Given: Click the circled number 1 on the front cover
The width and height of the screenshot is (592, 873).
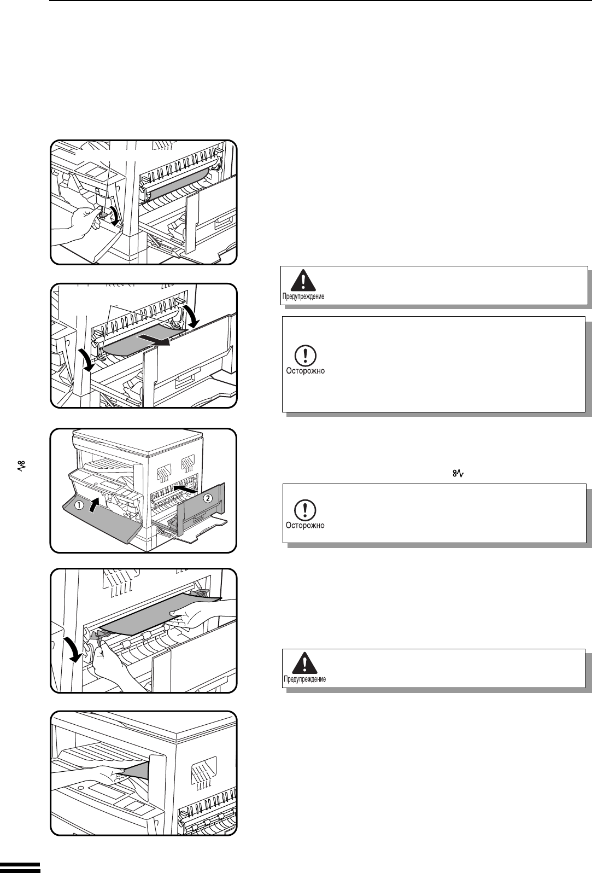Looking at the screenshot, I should pyautogui.click(x=80, y=505).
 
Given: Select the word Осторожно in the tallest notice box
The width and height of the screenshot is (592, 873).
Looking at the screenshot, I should pyautogui.click(x=306, y=371).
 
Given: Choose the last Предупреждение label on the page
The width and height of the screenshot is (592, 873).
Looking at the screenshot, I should pyautogui.click(x=305, y=679).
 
